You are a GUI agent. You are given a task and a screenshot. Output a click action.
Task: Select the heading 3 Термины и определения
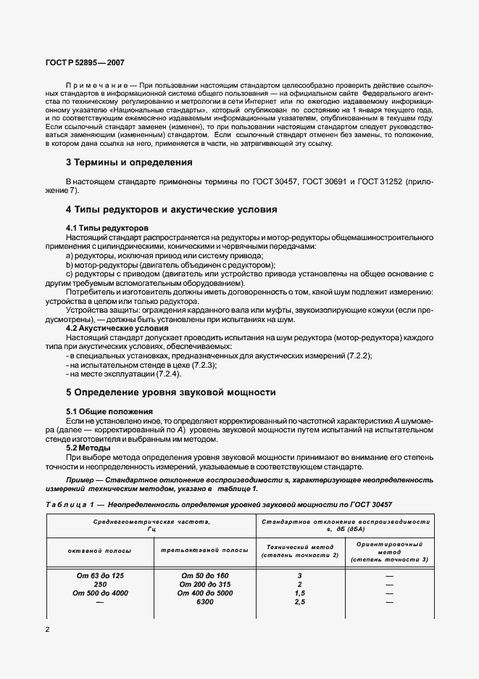[x=129, y=162]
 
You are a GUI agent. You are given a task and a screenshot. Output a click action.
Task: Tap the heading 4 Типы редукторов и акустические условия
[x=172, y=210]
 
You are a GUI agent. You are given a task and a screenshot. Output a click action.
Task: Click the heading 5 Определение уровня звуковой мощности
[x=171, y=392]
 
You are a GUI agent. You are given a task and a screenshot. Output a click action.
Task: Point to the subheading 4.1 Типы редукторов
[x=107, y=228]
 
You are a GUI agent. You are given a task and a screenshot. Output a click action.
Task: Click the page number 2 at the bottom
[x=48, y=629]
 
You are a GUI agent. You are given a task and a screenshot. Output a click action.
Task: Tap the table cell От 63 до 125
[x=100, y=575]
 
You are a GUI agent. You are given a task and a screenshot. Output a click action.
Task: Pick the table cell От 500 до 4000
[x=100, y=593]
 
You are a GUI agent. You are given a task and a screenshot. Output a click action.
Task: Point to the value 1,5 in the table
[x=299, y=593]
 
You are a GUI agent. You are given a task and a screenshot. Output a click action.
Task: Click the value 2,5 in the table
[x=299, y=601]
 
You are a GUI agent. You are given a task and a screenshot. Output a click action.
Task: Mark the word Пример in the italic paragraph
[x=80, y=480]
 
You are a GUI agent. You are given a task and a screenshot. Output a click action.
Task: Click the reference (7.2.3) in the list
[x=201, y=365]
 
